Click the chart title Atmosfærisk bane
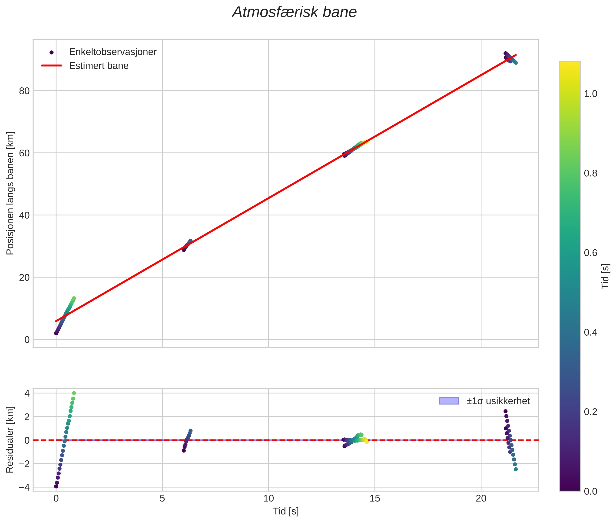(294, 12)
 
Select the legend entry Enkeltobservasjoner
(113, 52)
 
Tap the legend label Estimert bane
(99, 66)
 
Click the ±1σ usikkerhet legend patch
(449, 401)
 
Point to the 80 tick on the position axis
(24, 91)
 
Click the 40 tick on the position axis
(24, 215)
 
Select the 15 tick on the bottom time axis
(374, 499)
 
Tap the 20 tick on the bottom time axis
(481, 499)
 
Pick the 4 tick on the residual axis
(27, 393)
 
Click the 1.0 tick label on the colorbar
(590, 94)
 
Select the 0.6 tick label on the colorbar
(590, 253)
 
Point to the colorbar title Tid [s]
(606, 276)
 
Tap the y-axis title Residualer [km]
(10, 439)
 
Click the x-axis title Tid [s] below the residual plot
(286, 511)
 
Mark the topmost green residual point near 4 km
(74, 393)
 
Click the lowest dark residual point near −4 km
(56, 486)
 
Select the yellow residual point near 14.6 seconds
(367, 442)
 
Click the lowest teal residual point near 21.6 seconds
(516, 469)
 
